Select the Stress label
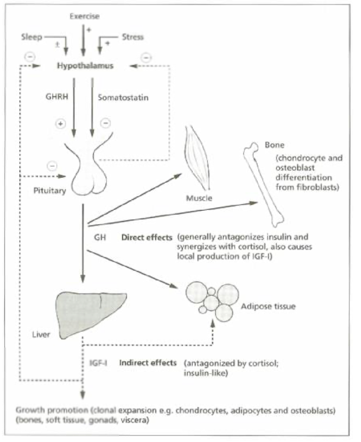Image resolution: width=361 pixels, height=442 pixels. (x=133, y=37)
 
